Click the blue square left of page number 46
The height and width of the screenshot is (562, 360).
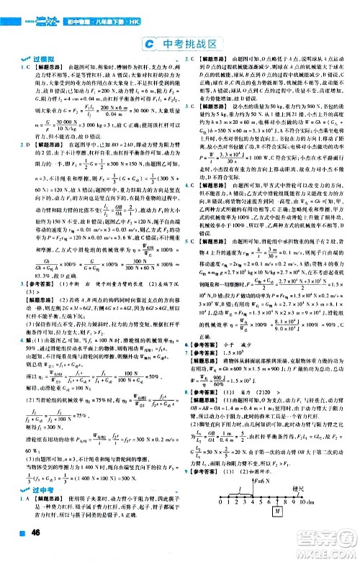[x=17, y=552]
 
